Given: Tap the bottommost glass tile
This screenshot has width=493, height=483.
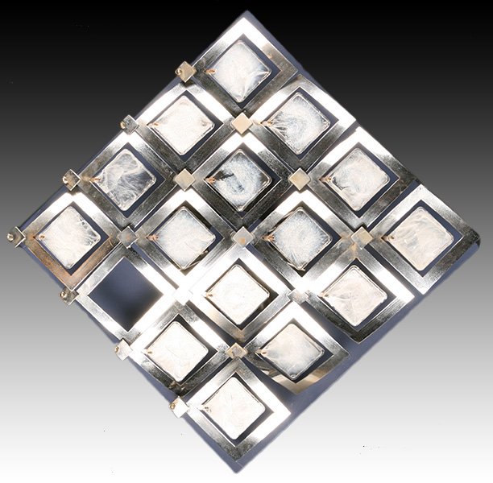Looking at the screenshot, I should tap(234, 407).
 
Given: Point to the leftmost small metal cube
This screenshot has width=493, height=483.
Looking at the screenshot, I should tap(14, 236).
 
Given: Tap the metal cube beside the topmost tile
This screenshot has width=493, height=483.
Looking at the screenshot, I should tap(185, 72).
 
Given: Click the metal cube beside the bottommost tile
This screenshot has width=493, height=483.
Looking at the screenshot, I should tap(178, 407).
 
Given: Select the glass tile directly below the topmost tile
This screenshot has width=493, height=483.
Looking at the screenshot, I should tap(238, 180).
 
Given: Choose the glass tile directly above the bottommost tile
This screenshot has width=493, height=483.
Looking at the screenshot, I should tap(237, 295).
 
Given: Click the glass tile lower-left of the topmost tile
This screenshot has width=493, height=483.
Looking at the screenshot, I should tap(182, 125).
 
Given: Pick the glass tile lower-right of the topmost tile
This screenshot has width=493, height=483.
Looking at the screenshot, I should tap(297, 125).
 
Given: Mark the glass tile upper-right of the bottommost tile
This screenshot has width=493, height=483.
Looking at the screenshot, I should tap(293, 351).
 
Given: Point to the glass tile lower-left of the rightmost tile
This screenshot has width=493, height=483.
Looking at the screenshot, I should tap(355, 295).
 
